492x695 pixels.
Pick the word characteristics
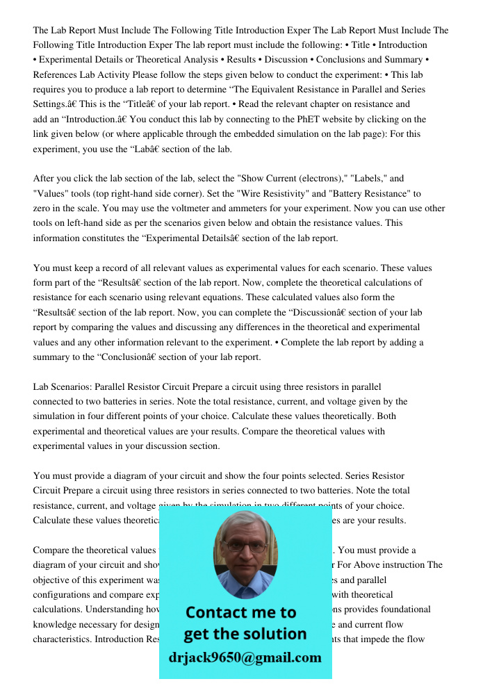(62, 639)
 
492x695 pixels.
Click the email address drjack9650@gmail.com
(245, 657)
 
